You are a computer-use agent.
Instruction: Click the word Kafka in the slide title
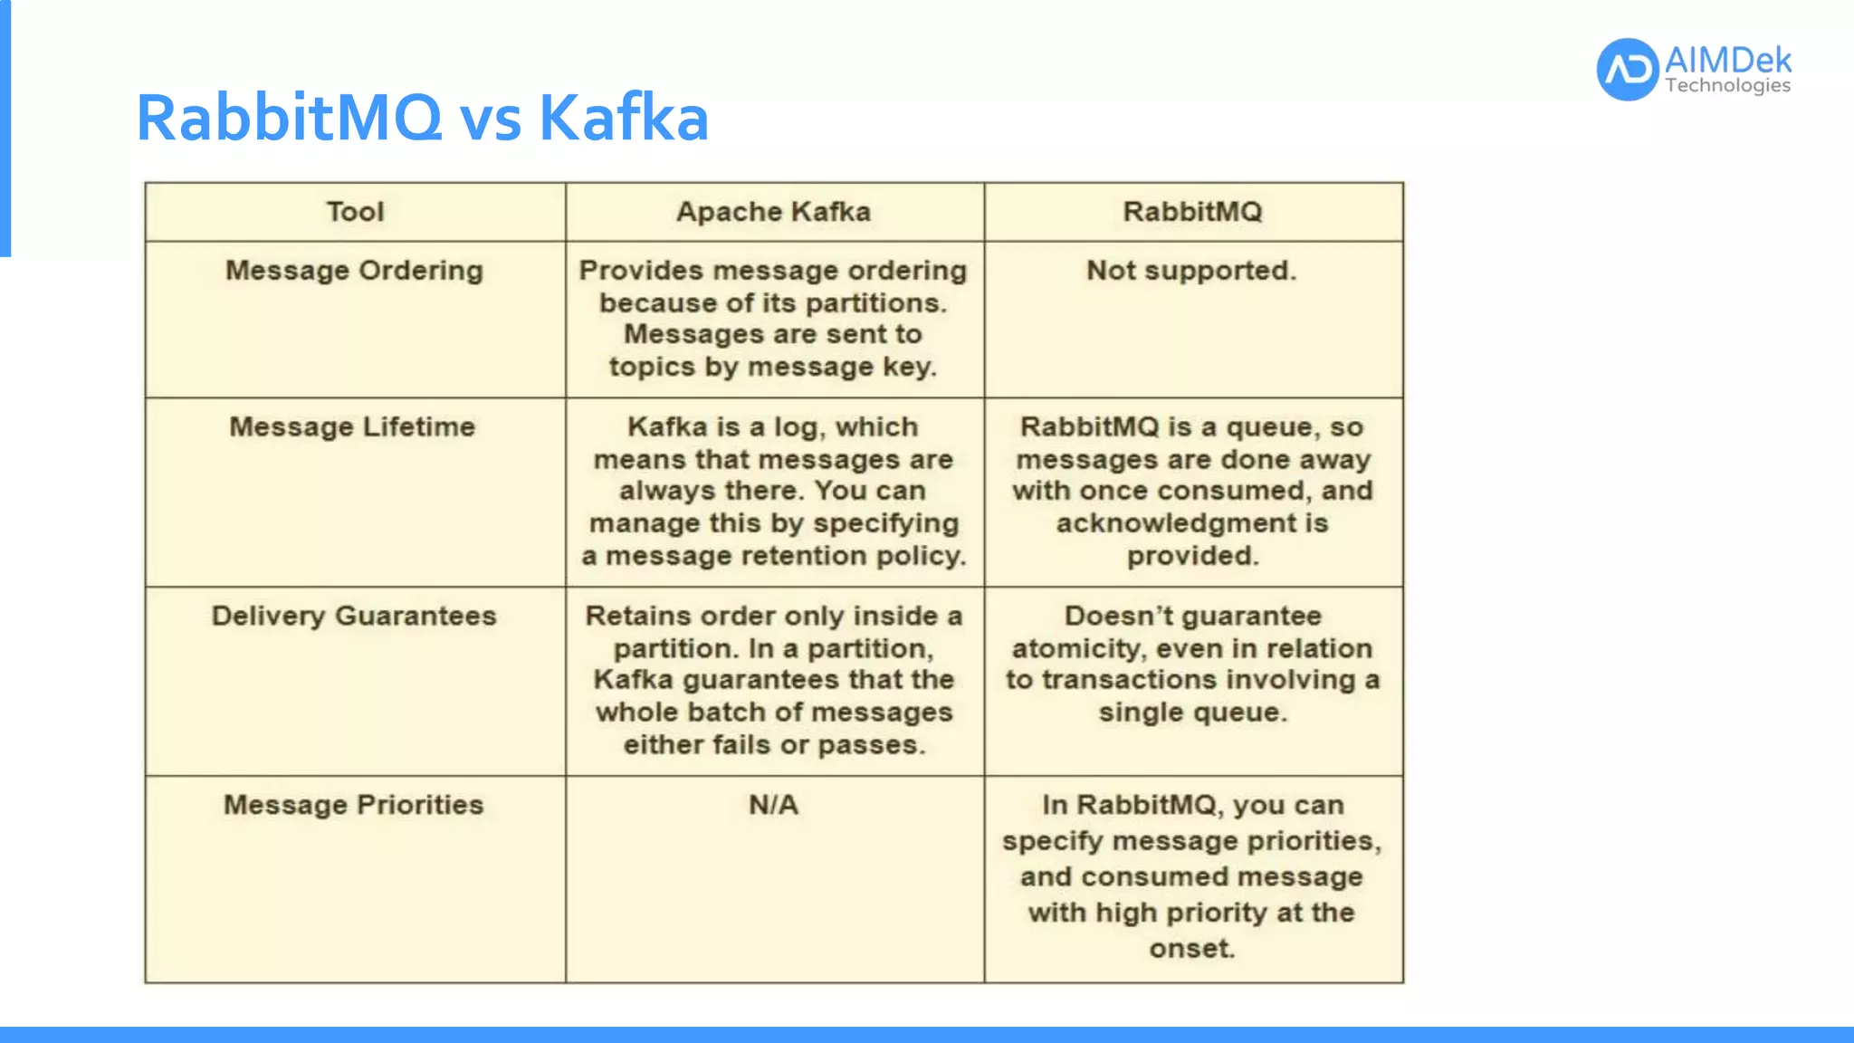click(623, 119)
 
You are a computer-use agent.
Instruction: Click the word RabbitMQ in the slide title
click(289, 119)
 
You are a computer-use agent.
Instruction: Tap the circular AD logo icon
click(1627, 69)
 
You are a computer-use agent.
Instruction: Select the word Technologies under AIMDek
click(1727, 86)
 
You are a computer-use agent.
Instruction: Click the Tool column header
click(355, 212)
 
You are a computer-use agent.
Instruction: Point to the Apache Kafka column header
click(773, 212)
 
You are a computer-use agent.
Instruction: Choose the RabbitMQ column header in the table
click(1192, 212)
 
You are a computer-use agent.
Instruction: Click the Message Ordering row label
click(354, 271)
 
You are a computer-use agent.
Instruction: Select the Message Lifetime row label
click(352, 426)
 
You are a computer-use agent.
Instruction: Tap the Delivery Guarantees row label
click(354, 616)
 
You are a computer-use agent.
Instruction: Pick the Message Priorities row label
click(353, 805)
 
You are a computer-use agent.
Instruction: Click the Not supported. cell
click(1191, 271)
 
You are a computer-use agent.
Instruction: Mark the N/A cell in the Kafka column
click(773, 805)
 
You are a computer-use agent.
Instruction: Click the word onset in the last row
click(1190, 949)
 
